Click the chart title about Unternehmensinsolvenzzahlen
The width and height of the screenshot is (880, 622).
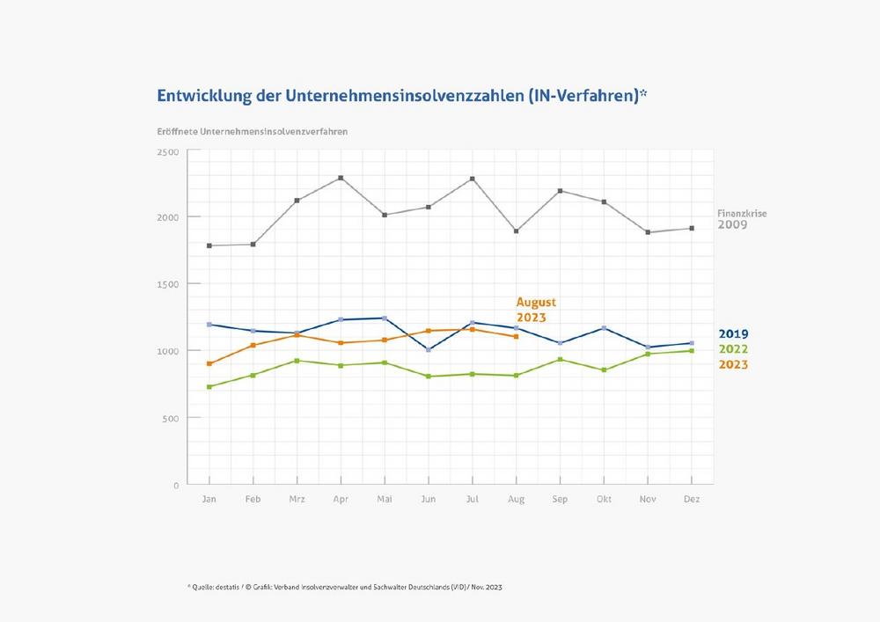click(402, 95)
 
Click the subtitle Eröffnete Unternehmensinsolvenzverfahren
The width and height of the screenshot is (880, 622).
click(252, 131)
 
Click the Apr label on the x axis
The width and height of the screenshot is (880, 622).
click(341, 500)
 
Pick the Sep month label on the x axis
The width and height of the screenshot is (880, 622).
click(561, 500)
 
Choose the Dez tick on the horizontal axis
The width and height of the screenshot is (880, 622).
click(692, 500)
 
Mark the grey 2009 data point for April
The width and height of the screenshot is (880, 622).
click(341, 178)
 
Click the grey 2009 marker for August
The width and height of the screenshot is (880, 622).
click(517, 231)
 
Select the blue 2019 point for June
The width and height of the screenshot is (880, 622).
click(429, 349)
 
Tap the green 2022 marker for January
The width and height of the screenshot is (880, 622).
click(209, 386)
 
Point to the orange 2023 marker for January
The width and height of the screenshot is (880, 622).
click(209, 363)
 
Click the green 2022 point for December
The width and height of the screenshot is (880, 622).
click(692, 351)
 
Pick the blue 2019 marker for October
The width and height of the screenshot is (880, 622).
click(605, 328)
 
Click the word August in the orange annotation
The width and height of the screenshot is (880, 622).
click(536, 302)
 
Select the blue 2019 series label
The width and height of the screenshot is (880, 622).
click(733, 333)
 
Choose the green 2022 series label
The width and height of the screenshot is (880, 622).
click(733, 348)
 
